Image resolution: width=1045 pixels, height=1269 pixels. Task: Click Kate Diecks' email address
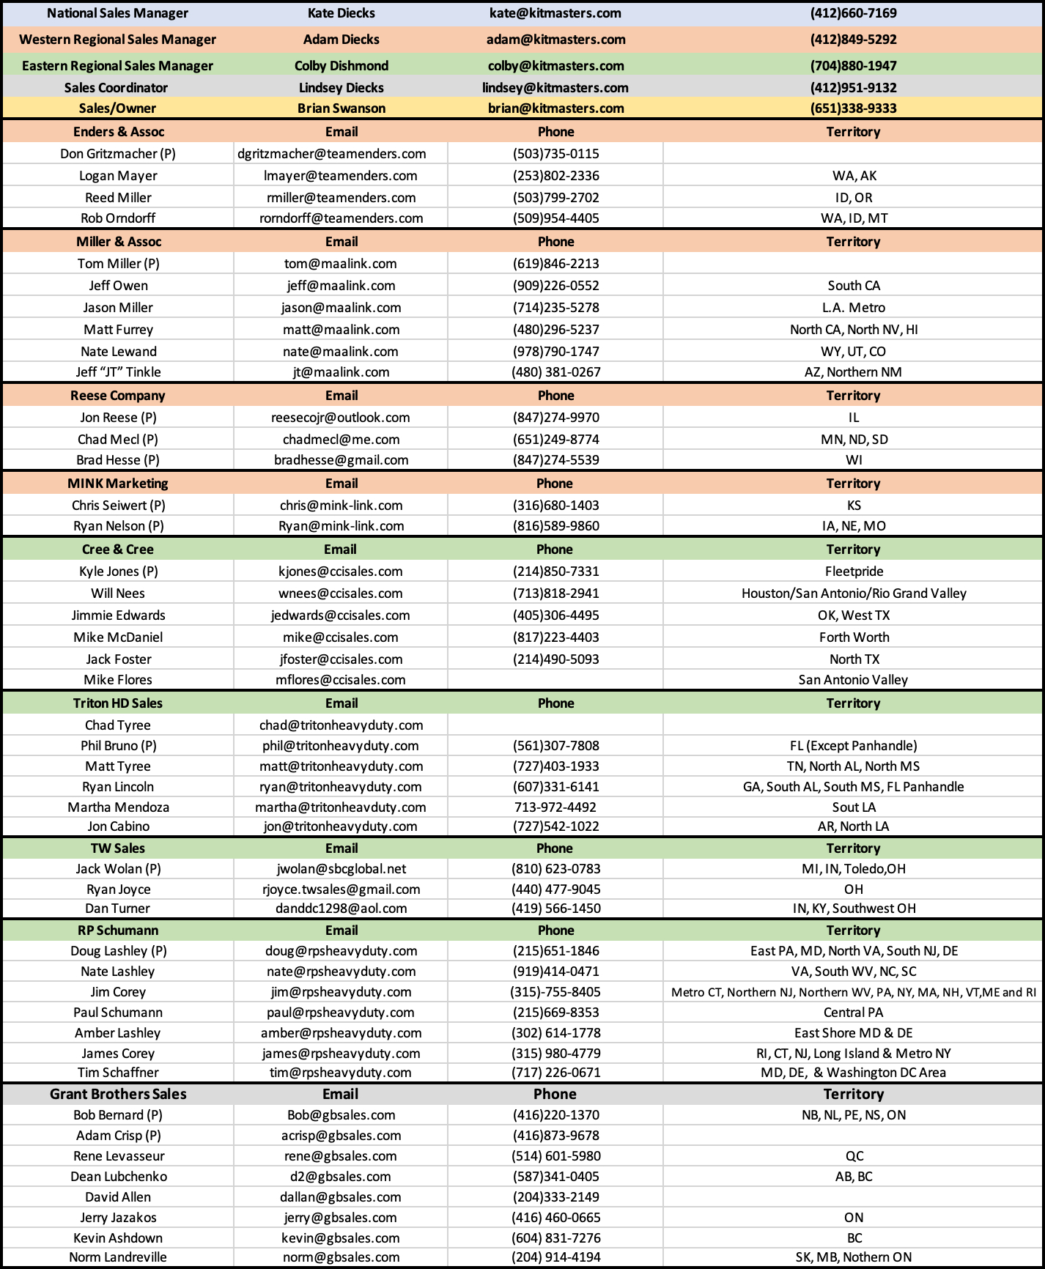(555, 13)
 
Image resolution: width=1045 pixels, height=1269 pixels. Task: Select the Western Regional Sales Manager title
(117, 40)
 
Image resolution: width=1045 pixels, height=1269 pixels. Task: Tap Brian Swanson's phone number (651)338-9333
(853, 108)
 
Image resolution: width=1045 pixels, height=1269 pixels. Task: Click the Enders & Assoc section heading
(119, 132)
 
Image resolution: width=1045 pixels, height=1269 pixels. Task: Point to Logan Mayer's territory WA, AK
(854, 176)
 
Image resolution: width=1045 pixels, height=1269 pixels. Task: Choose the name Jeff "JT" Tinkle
(118, 372)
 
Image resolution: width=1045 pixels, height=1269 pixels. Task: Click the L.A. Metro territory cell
(853, 308)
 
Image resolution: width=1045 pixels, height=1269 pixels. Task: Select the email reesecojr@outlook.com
(341, 418)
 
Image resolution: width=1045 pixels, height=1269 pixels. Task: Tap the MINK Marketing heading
(118, 484)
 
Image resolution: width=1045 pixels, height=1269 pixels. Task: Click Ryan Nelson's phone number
(555, 526)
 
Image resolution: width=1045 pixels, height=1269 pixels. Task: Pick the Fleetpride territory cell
(854, 571)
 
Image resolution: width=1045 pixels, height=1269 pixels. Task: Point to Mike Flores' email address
(341, 680)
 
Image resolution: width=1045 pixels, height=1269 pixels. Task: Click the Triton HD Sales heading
(118, 703)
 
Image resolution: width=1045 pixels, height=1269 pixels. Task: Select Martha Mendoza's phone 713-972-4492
(555, 807)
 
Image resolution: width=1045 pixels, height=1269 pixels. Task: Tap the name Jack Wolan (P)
(118, 869)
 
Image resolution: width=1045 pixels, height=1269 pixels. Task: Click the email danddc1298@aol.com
(341, 909)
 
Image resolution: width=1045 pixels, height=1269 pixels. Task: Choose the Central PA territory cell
(853, 1013)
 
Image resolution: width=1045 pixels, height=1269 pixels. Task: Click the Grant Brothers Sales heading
(118, 1094)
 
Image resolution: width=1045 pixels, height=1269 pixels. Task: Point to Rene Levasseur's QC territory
(854, 1156)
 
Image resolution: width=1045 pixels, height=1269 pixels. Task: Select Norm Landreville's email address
(341, 1257)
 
